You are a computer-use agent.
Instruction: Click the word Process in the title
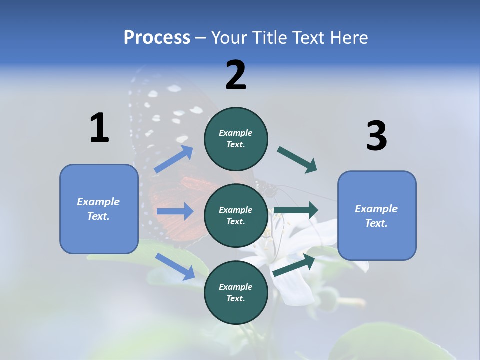click(157, 38)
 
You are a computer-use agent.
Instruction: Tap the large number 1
click(99, 128)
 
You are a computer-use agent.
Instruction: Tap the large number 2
click(236, 75)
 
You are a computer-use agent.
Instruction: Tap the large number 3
click(376, 136)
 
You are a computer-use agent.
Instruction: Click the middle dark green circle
click(236, 215)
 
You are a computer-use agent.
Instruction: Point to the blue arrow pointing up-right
click(174, 159)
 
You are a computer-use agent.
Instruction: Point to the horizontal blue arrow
click(175, 211)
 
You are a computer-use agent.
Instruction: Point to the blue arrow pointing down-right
click(175, 266)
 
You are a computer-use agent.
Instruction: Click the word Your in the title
click(229, 38)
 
